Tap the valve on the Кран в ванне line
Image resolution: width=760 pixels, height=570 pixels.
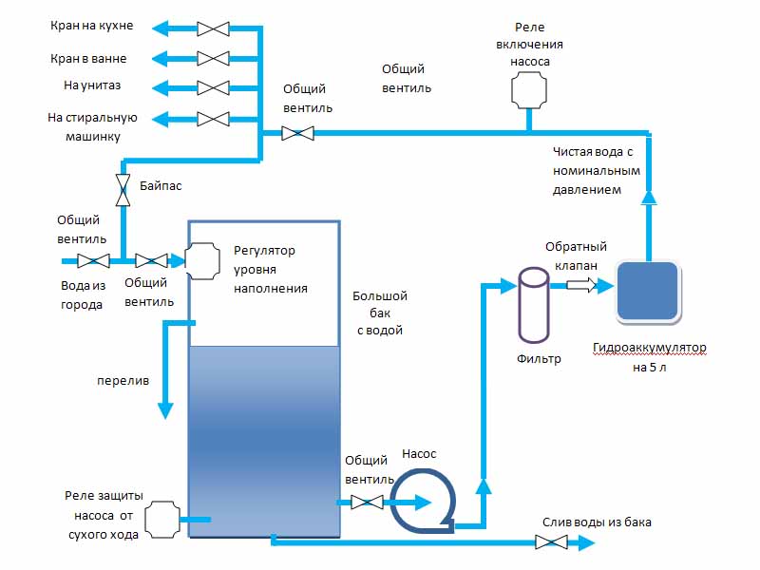coord(213,58)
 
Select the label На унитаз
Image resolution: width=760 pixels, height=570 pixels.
coord(92,85)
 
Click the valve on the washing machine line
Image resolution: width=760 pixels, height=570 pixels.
coord(213,119)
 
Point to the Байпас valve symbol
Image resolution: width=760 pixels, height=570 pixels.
coord(123,189)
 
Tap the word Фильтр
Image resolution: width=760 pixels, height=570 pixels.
coord(539,359)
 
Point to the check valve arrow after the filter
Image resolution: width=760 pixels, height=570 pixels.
coord(580,284)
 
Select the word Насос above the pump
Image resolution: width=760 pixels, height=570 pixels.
coord(419,454)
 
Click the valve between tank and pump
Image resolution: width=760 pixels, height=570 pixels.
coord(367,502)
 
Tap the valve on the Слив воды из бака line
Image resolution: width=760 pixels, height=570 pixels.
coord(551,542)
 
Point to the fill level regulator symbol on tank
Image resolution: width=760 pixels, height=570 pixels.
coord(201,260)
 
